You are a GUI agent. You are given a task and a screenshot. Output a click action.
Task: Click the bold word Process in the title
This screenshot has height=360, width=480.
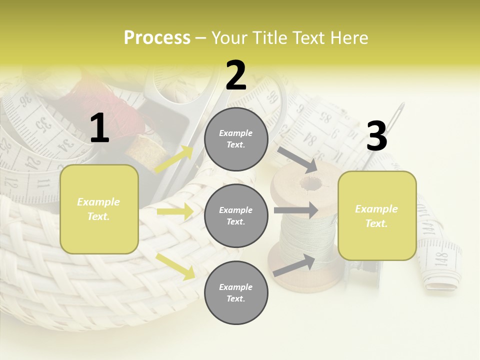157,38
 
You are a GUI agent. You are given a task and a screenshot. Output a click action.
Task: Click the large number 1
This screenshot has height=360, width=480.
99,128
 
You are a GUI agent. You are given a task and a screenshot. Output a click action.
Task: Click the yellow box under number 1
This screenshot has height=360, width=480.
99,209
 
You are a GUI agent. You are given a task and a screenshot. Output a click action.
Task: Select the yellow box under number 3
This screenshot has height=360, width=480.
377,215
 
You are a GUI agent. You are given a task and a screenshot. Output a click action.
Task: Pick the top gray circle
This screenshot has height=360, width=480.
236,139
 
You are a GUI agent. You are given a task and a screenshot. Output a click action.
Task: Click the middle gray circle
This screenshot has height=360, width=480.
236,215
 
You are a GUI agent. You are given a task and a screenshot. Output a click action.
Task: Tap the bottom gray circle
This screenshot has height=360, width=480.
236,292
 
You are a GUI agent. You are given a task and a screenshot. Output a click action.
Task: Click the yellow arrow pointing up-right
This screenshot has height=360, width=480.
174,159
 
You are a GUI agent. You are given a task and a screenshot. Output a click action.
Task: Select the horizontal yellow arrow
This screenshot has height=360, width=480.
175,211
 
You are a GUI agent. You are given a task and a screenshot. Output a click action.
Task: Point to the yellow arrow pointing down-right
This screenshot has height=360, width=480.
175,266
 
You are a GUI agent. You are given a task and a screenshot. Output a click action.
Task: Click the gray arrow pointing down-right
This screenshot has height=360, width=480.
297,159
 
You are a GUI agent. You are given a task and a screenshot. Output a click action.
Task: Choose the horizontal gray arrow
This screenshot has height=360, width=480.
295,210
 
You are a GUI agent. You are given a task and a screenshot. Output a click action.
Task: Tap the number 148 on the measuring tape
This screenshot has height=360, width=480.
441,259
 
